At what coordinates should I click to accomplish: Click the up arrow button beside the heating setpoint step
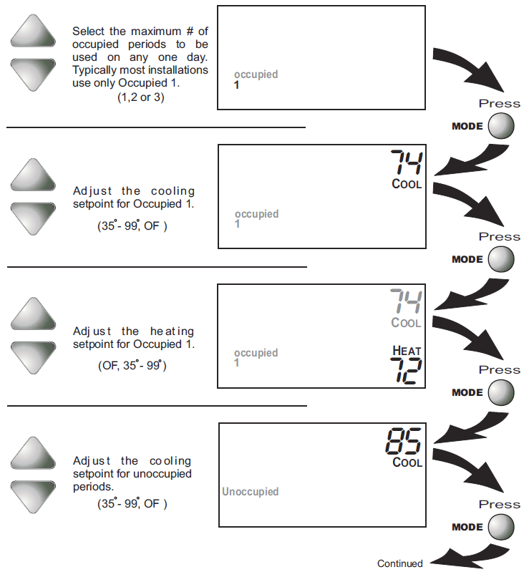pyautogui.click(x=33, y=314)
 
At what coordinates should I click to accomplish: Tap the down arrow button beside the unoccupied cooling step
pyautogui.click(x=33, y=497)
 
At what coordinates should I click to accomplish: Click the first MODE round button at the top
pyautogui.click(x=501, y=126)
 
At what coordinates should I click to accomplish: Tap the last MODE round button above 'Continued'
pyautogui.click(x=501, y=527)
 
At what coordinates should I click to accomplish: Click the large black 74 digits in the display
pyautogui.click(x=407, y=163)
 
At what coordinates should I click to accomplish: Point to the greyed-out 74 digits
pyautogui.click(x=406, y=301)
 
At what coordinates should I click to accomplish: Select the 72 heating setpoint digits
pyautogui.click(x=406, y=371)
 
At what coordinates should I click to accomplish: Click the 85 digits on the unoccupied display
pyautogui.click(x=404, y=441)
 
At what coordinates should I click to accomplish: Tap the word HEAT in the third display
pyautogui.click(x=407, y=351)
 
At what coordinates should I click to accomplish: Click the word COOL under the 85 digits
pyautogui.click(x=407, y=462)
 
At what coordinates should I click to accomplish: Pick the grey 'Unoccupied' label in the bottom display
pyautogui.click(x=250, y=491)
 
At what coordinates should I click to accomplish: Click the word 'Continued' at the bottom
pyautogui.click(x=400, y=563)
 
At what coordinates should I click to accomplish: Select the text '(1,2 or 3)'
pyautogui.click(x=141, y=97)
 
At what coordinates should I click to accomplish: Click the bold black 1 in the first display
pyautogui.click(x=237, y=85)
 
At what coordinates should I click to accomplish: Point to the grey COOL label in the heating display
pyautogui.click(x=406, y=322)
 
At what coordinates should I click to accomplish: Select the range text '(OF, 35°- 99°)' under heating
pyautogui.click(x=132, y=365)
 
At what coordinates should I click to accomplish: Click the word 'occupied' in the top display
pyautogui.click(x=256, y=74)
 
